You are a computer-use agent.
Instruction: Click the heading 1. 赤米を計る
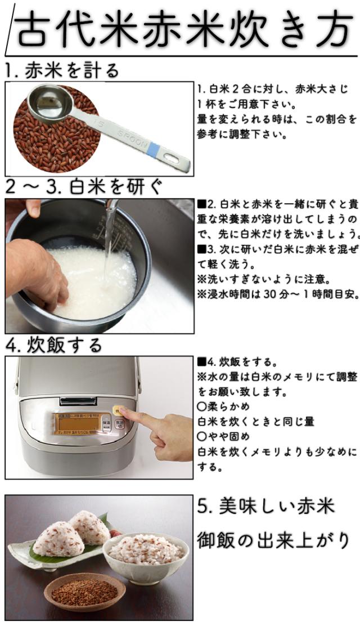(62, 70)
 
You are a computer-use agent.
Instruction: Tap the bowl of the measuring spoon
(49, 104)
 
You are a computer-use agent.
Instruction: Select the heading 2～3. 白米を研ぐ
(84, 187)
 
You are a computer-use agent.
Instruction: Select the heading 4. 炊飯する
(53, 345)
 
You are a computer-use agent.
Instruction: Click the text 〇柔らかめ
(223, 406)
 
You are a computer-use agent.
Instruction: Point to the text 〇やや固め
(223, 436)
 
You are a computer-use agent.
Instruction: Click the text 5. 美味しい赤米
(266, 507)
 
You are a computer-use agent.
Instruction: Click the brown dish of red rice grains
(84, 590)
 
